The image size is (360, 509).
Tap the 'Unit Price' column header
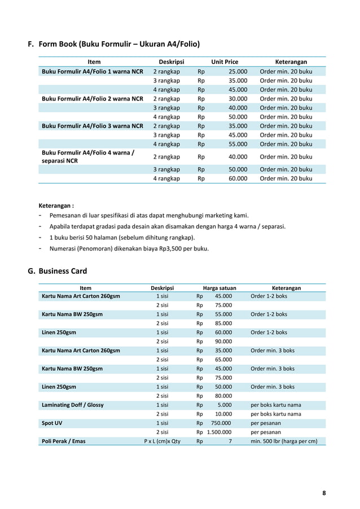[x=225, y=62]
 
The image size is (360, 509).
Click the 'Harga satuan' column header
[x=219, y=288]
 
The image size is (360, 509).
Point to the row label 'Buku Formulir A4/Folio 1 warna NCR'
[x=93, y=72]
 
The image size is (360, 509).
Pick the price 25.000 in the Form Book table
[x=238, y=72]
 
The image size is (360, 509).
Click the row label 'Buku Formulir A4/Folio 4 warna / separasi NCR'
[x=87, y=156]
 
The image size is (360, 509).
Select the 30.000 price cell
[x=238, y=99]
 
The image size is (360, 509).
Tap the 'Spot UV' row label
[x=52, y=423]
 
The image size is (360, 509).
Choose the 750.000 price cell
[x=221, y=423]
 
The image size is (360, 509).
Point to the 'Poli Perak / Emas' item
[x=64, y=441]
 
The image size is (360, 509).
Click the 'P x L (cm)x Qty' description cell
[x=162, y=441]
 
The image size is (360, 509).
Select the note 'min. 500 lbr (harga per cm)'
[x=284, y=441]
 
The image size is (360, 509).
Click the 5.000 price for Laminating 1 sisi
[x=225, y=405]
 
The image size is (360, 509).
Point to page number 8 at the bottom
[x=324, y=493]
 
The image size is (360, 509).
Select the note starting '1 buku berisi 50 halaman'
[x=122, y=237]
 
